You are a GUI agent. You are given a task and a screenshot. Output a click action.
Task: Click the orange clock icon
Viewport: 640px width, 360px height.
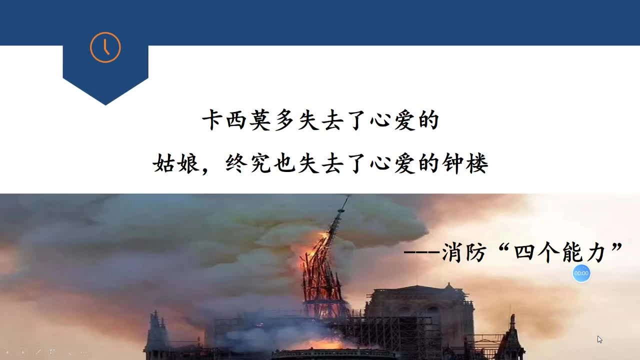point(105,47)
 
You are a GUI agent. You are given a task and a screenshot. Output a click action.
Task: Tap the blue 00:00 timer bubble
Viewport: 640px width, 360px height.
point(581,273)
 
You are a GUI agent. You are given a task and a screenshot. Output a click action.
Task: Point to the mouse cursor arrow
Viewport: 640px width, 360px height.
point(599,339)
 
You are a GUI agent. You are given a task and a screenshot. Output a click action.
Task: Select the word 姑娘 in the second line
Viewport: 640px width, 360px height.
point(176,163)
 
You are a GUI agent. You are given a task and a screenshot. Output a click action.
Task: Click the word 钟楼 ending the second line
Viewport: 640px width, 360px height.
point(465,163)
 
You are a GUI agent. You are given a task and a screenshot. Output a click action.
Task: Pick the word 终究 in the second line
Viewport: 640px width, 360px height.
point(248,163)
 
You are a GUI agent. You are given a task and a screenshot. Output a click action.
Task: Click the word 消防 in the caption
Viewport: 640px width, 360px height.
point(463,252)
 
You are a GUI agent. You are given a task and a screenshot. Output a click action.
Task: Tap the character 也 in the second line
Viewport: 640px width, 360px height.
point(284,163)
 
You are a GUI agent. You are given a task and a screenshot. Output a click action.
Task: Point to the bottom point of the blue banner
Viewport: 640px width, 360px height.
point(105,104)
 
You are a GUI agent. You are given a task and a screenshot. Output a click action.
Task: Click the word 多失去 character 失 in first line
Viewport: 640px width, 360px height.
point(309,121)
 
